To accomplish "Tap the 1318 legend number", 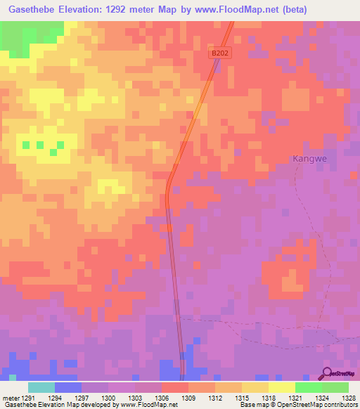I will pyautogui.click(x=272, y=398).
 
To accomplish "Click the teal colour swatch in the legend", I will pyautogui.click(x=41, y=387).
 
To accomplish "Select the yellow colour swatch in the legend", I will pyautogui.click(x=281, y=387).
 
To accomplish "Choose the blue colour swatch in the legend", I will pyautogui.click(x=68, y=387).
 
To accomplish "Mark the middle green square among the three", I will pyautogui.click(x=40, y=145).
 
